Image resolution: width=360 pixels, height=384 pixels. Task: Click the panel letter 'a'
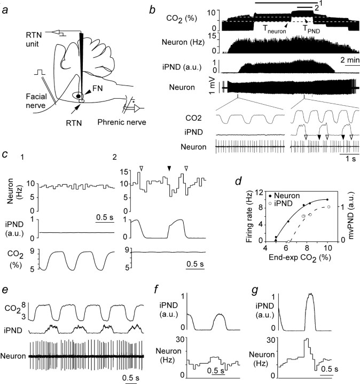pos(6,11)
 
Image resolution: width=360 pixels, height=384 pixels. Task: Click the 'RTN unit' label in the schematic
pos(34,39)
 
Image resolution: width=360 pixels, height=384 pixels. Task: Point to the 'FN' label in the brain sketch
pos(97,88)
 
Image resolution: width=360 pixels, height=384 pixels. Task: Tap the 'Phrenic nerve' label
pos(122,122)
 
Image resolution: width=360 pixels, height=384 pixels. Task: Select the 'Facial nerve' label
pos(36,100)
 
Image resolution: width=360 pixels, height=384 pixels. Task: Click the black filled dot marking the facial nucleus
pos(78,96)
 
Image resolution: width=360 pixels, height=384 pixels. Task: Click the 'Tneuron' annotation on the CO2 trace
pos(275,29)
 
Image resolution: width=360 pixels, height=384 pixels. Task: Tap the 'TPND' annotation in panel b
pos(311,29)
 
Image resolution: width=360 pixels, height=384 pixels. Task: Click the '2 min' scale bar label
pos(350,60)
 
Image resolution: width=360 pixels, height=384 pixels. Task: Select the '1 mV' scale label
pos(212,85)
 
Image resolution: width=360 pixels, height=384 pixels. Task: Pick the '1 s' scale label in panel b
pos(350,159)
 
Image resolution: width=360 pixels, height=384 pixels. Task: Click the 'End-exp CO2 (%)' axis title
pos(300,258)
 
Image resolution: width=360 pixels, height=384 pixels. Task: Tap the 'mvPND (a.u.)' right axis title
pos(351,215)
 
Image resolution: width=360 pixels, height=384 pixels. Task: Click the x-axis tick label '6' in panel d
pos(286,248)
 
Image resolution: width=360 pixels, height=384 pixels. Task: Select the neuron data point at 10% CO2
pos(327,200)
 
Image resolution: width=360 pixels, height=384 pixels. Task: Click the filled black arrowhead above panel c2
pos(169,168)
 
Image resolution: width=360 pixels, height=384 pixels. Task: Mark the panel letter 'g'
pos(255,291)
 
